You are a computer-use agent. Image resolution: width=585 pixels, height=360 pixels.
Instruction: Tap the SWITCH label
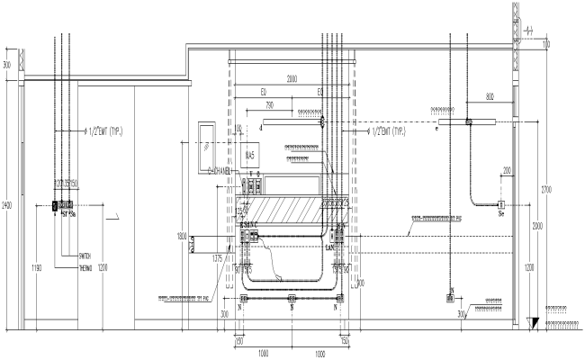tap(85, 256)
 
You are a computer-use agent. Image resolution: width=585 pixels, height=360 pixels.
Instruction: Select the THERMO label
tap(85, 267)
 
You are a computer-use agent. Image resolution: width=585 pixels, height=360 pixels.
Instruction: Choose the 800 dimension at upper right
tap(490, 95)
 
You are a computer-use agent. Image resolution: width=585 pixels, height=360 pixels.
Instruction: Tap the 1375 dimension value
tap(216, 258)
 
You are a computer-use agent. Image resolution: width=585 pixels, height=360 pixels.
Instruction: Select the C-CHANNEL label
tap(221, 170)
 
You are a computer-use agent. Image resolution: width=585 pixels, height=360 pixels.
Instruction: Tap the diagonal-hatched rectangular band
tap(288, 211)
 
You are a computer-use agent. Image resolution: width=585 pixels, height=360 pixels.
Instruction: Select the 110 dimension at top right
tap(545, 43)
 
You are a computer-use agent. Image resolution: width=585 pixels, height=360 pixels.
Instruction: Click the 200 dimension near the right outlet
tap(508, 170)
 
